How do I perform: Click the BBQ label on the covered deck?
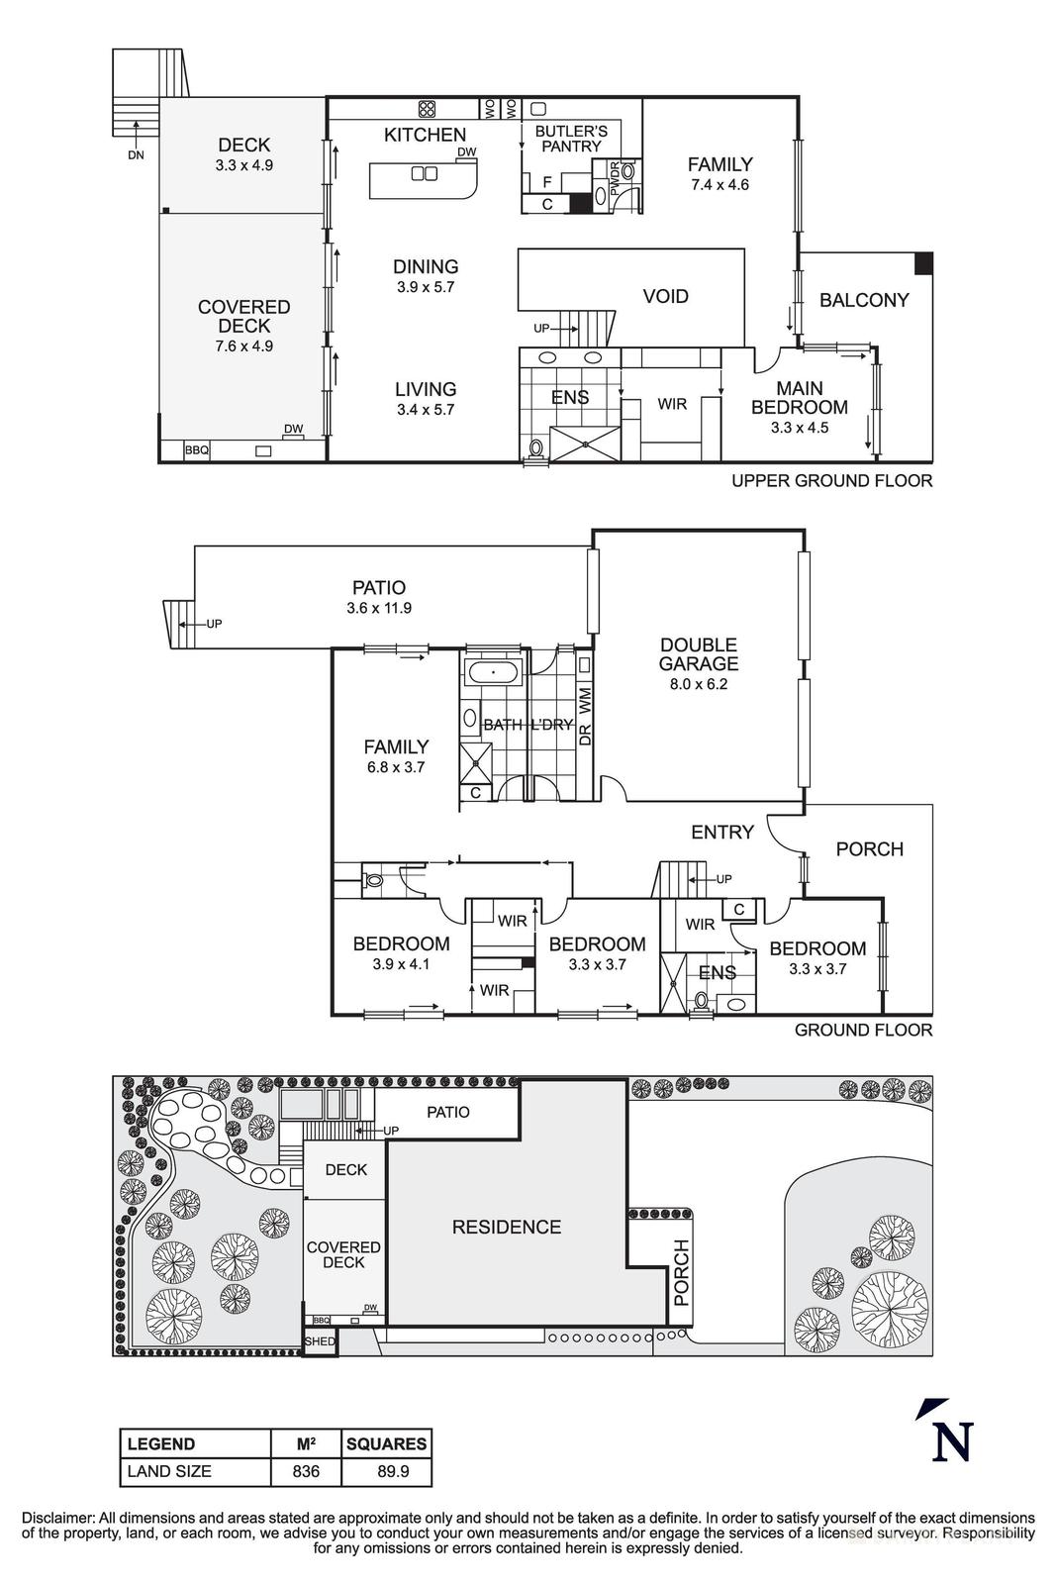click(197, 450)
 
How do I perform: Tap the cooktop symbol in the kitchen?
click(428, 109)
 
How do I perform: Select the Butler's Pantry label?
click(571, 139)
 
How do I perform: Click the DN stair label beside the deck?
click(136, 154)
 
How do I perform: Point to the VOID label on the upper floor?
click(665, 296)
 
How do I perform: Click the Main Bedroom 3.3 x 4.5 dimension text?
click(799, 428)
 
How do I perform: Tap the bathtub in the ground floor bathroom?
click(493, 674)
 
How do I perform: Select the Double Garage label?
click(699, 654)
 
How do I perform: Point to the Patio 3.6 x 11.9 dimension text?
click(379, 608)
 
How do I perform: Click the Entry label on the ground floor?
click(722, 833)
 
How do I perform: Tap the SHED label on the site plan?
click(320, 1342)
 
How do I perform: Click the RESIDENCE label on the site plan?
click(506, 1227)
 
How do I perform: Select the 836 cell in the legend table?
click(306, 1471)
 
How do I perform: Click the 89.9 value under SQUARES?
click(386, 1471)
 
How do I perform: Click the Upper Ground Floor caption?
click(831, 481)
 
